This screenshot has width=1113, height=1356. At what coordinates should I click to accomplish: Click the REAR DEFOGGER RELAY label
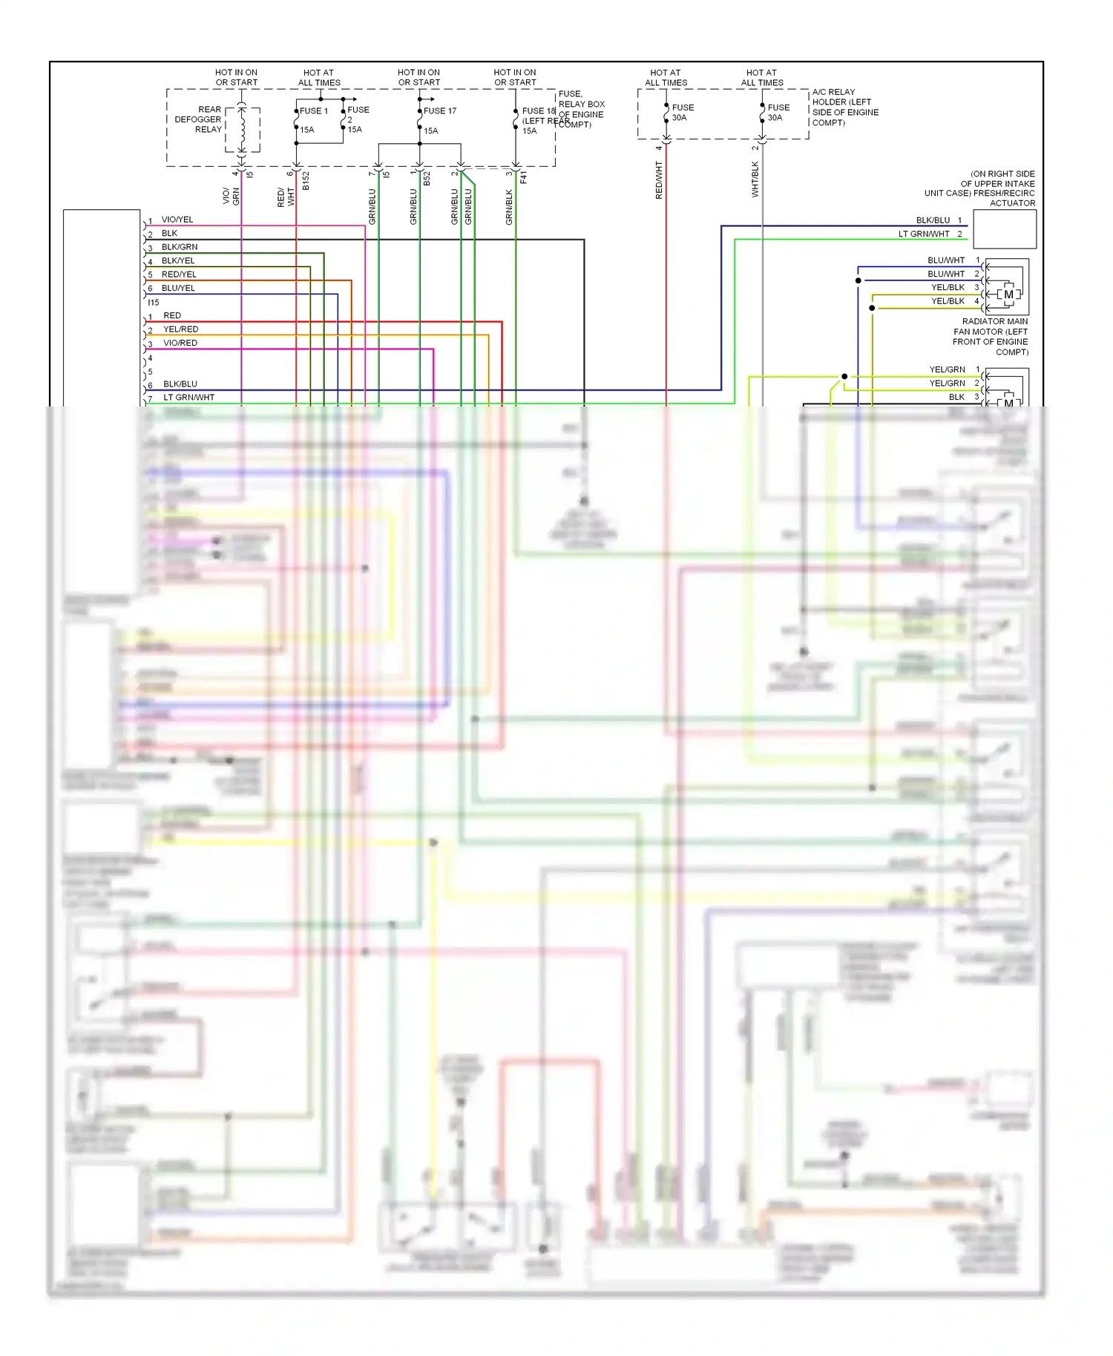point(198,119)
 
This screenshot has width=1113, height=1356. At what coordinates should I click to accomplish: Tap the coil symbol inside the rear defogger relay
point(242,128)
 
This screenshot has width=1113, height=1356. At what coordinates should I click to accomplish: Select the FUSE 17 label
point(440,111)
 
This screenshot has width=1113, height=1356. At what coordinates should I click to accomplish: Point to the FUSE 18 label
point(539,111)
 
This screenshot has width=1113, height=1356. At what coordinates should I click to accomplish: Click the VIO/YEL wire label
point(177,220)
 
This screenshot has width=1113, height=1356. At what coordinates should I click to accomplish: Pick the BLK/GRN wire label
point(180,247)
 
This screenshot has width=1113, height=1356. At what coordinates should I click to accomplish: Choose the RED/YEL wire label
point(179,274)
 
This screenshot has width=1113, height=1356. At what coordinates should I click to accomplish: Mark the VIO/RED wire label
point(180,343)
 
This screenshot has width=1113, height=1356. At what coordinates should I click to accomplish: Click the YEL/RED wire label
point(181,329)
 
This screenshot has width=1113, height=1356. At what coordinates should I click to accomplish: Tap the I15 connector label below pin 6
point(154,303)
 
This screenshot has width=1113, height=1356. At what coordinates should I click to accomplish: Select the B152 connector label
point(306,182)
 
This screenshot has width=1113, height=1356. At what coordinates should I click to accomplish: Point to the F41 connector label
point(523,178)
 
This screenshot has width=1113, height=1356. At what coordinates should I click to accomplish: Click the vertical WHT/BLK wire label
point(755,180)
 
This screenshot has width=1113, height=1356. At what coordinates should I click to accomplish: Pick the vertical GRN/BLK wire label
point(509,207)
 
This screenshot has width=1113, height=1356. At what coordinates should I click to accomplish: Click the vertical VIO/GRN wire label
point(231,196)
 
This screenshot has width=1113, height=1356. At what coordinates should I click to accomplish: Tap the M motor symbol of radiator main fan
point(1008,294)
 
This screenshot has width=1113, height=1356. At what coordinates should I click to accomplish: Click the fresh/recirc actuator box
point(1004,229)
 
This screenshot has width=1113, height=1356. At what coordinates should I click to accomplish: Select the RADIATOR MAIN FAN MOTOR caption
point(991,337)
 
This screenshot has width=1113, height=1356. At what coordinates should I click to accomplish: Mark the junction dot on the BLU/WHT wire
point(858,280)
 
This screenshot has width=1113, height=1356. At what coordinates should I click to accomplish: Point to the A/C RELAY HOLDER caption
point(845,108)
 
